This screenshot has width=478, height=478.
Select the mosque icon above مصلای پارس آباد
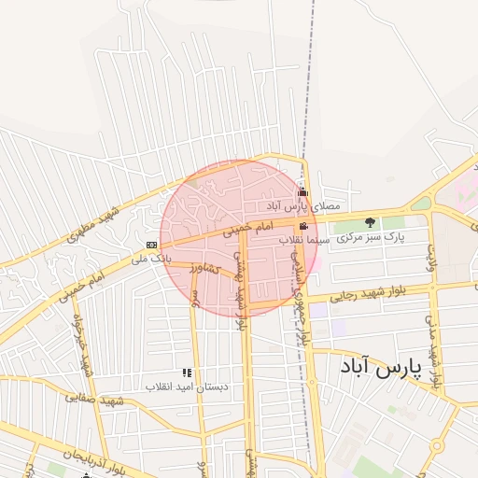coord(302,193)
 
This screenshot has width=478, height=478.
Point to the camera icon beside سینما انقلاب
coord(303,227)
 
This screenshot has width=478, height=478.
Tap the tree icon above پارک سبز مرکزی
coord(371,222)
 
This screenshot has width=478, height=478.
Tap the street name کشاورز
coord(203,269)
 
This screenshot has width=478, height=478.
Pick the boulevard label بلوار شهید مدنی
coord(431,332)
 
